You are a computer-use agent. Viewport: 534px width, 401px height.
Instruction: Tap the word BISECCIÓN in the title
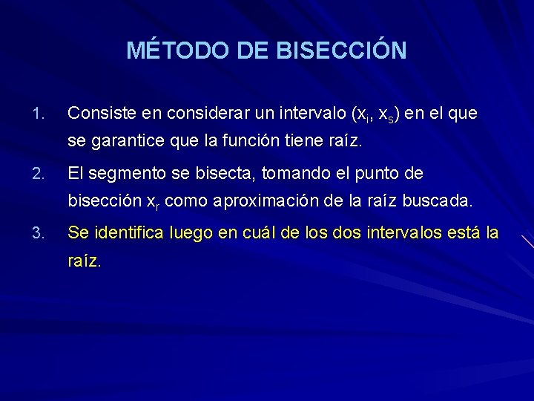coord(341,50)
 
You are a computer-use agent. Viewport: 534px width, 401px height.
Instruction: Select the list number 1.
coord(40,114)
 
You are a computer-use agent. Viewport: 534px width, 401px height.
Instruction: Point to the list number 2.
coord(40,174)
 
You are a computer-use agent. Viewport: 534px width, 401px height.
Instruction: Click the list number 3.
coord(40,233)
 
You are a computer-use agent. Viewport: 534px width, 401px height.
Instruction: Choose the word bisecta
coord(224,174)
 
